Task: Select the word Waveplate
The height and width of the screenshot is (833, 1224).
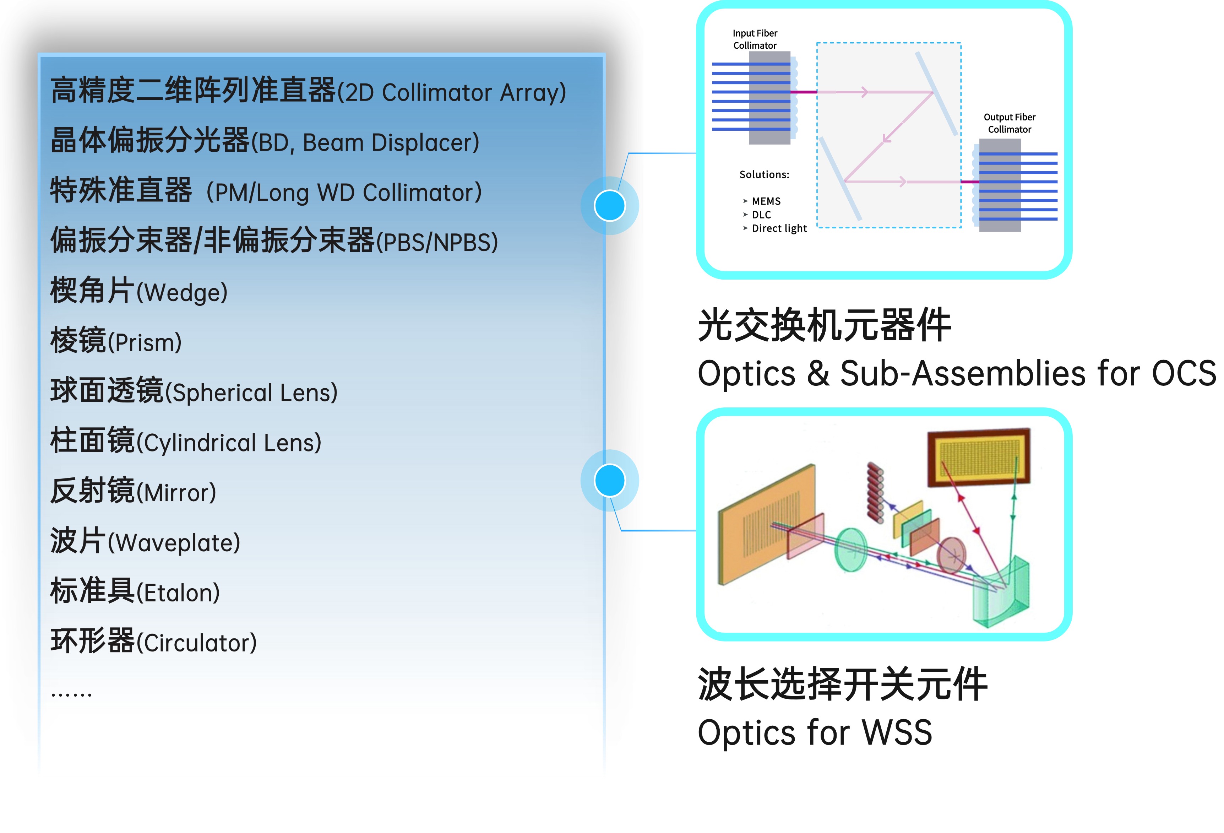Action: pos(174,543)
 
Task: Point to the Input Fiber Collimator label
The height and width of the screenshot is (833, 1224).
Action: pos(755,39)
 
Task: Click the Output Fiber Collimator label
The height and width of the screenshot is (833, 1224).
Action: pos(1009,123)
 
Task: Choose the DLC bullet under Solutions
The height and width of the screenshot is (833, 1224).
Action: pos(761,215)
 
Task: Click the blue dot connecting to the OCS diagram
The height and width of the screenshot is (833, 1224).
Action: pos(609,205)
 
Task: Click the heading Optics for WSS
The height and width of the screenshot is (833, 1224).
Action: pos(814,732)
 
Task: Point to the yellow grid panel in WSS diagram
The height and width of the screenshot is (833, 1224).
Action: pos(979,456)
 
